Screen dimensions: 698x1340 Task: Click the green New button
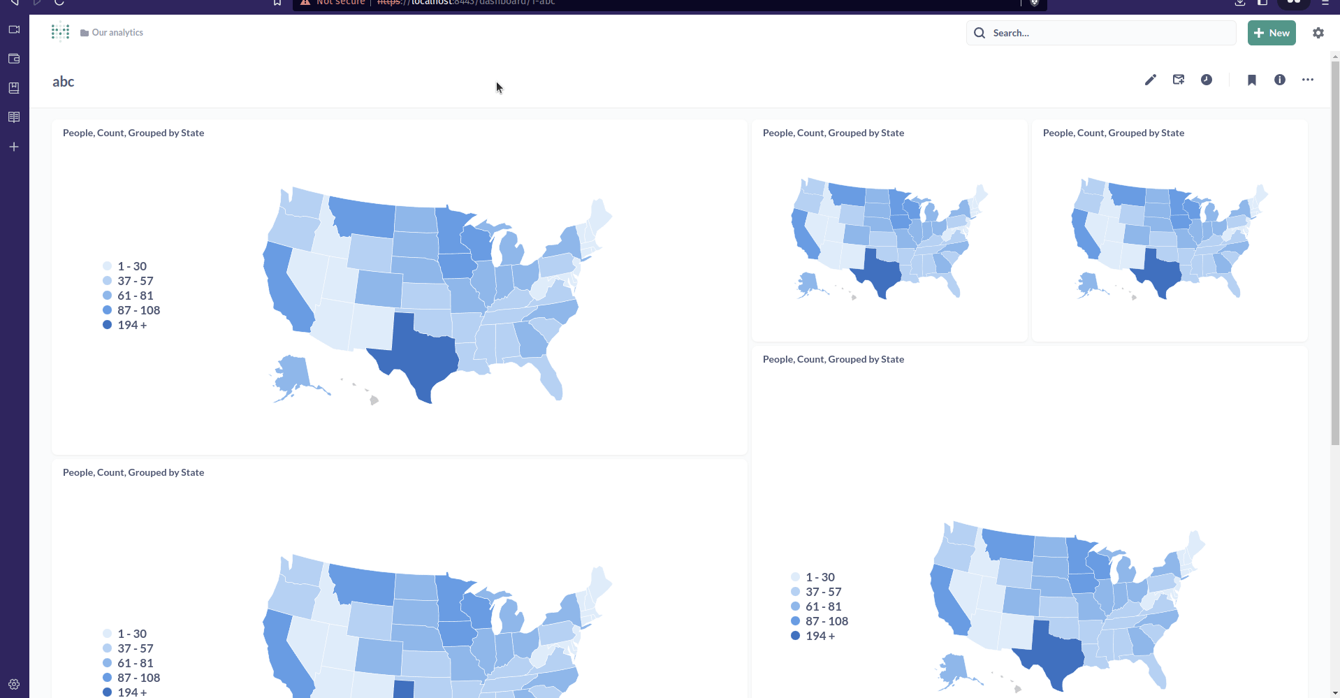pos(1272,33)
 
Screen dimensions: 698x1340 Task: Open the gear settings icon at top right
pos(1318,33)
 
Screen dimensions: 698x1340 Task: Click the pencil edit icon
pos(1151,80)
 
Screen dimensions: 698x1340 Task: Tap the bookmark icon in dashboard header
pos(1252,80)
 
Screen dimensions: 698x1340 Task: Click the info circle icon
pos(1280,80)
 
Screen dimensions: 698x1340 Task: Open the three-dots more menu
pos(1308,80)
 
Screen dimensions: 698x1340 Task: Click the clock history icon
pos(1207,80)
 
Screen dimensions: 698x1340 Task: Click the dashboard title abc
pos(64,82)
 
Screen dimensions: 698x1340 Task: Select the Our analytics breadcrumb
pos(117,33)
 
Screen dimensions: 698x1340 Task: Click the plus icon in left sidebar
pos(14,147)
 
